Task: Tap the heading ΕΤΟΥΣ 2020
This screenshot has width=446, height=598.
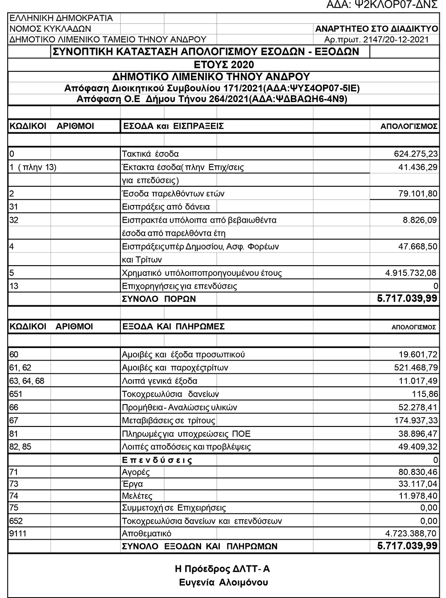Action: pyautogui.click(x=224, y=65)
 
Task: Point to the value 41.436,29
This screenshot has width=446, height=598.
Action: pyautogui.click(x=417, y=168)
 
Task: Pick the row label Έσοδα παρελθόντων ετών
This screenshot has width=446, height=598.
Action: pyautogui.click(x=173, y=194)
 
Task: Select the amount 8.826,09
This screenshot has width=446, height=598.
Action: pyautogui.click(x=420, y=220)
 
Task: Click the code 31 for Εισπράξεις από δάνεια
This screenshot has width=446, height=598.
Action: pyautogui.click(x=14, y=207)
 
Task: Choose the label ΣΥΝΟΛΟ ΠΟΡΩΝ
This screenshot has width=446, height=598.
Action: pyautogui.click(x=159, y=299)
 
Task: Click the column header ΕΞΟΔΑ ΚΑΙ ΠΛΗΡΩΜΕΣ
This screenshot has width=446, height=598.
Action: pyautogui.click(x=173, y=327)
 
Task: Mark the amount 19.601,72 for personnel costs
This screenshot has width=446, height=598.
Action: pyautogui.click(x=418, y=355)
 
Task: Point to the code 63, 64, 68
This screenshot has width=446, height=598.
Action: pyautogui.click(x=27, y=381)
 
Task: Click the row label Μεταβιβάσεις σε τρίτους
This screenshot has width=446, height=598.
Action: pyautogui.click(x=169, y=421)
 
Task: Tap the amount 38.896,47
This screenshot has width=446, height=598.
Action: pyautogui.click(x=418, y=434)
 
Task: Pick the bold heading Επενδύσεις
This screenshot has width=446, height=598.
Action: pyautogui.click(x=157, y=459)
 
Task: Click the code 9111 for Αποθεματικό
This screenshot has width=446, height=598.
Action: pyautogui.click(x=18, y=533)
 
